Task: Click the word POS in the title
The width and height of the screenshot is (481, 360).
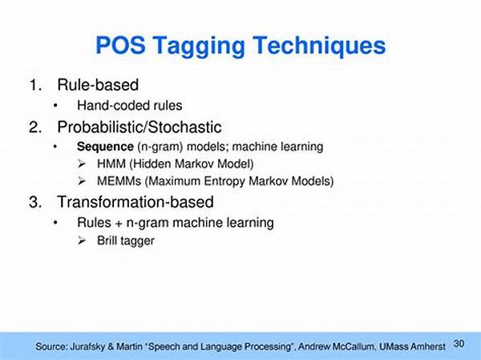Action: [x=120, y=46]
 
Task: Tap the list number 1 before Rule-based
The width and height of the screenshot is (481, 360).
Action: [x=35, y=85]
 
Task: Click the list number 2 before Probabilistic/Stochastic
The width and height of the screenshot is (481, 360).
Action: [x=35, y=127]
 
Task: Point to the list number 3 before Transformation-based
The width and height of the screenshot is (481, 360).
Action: [x=35, y=202]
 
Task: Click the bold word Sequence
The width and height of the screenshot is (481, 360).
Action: [x=105, y=147]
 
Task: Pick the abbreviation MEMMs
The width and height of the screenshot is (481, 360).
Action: [x=119, y=180]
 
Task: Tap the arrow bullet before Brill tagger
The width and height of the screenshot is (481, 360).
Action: [x=82, y=241]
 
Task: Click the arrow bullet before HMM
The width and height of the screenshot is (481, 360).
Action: [x=82, y=164]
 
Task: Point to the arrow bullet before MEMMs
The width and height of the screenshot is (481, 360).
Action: [x=82, y=181]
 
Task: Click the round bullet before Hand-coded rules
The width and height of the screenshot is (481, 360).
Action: [x=55, y=106]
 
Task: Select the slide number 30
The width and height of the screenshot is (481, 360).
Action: [x=459, y=343]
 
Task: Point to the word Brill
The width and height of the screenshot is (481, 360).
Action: [x=105, y=241]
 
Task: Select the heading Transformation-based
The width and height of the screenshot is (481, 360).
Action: [x=135, y=202]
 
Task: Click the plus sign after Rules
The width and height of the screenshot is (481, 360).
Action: [x=119, y=224]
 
